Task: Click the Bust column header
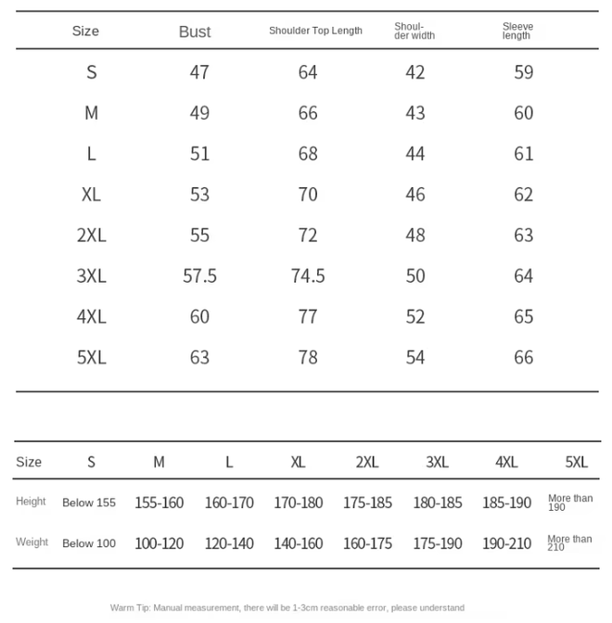coord(195,32)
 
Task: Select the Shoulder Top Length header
coord(315,31)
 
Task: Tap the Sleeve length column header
coord(517,31)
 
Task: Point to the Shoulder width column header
coord(414,31)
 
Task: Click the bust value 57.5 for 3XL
coord(199,275)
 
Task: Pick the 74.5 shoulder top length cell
coord(308,275)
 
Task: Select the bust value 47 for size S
coord(199,72)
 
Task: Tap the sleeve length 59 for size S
coord(524,72)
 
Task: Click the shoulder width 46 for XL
coord(415,194)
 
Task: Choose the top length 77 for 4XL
coord(308,316)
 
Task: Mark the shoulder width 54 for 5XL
coord(415,357)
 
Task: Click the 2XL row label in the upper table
coord(91,235)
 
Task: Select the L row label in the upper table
coord(91,154)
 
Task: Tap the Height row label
coord(31,502)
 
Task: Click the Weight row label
coord(32,542)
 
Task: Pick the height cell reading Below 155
coord(89,502)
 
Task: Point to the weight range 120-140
coord(229,543)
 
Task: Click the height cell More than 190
coord(569,502)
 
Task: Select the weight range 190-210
coord(506,543)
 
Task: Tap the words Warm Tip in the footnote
coord(129,607)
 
